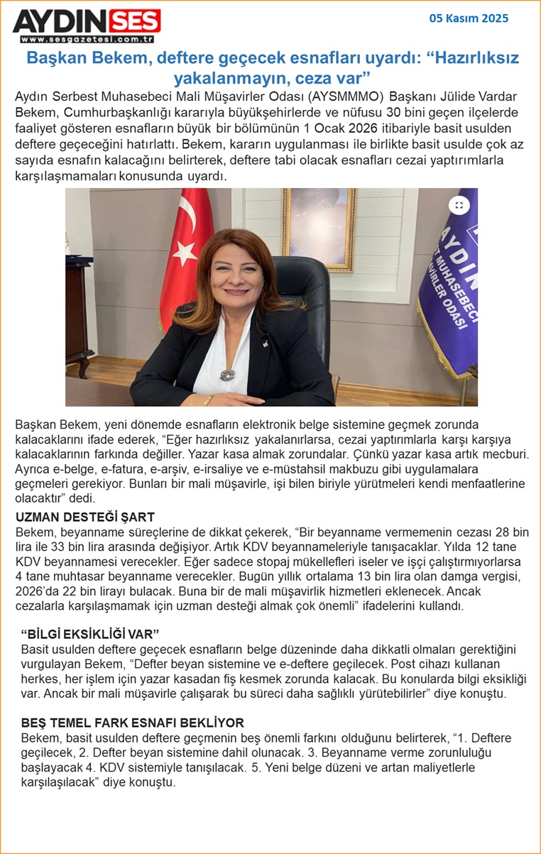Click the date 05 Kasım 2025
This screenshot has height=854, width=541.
469,18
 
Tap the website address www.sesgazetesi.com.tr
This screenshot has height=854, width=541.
87,40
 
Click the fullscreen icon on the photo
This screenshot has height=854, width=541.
459,205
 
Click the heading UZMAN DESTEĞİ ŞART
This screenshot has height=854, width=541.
84,517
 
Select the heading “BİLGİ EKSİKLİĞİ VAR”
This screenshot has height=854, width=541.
90,633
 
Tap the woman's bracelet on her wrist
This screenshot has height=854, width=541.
210,399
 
